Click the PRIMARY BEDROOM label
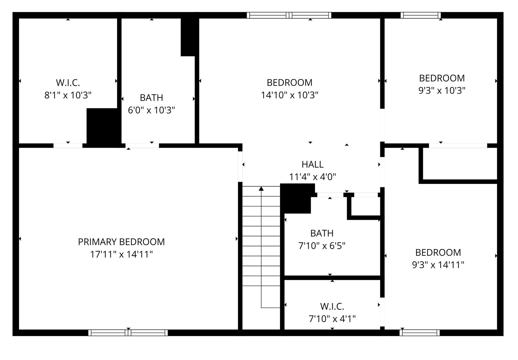pyautogui.click(x=121, y=242)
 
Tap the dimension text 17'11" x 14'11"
pyautogui.click(x=121, y=254)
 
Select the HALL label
pyautogui.click(x=312, y=164)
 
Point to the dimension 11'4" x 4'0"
pyautogui.click(x=312, y=177)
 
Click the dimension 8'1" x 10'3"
pyautogui.click(x=68, y=95)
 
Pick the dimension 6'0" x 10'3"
pyautogui.click(x=151, y=110)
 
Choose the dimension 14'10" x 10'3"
pyautogui.click(x=290, y=95)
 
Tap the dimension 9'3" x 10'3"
pyautogui.click(x=442, y=90)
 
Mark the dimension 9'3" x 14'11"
pyautogui.click(x=438, y=265)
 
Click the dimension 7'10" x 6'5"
pyautogui.click(x=322, y=246)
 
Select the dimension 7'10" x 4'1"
pyautogui.click(x=332, y=319)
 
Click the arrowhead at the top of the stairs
pyautogui.click(x=261, y=189)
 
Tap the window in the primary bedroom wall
pyautogui.click(x=128, y=333)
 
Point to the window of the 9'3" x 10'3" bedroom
pyautogui.click(x=421, y=15)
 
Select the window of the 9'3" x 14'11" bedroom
pyautogui.click(x=419, y=333)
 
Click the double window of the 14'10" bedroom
pyautogui.click(x=289, y=15)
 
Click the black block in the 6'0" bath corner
pyautogui.click(x=189, y=37)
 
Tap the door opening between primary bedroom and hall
pyautogui.click(x=240, y=166)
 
